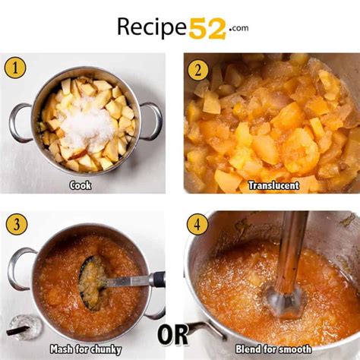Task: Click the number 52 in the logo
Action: (x=207, y=27)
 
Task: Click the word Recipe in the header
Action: (x=151, y=28)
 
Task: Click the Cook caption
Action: (x=81, y=185)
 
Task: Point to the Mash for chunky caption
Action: (x=82, y=349)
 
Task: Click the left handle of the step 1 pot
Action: (x=19, y=122)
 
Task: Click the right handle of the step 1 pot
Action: (x=153, y=119)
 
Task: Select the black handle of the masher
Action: (x=156, y=279)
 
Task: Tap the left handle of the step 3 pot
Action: (x=18, y=268)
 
